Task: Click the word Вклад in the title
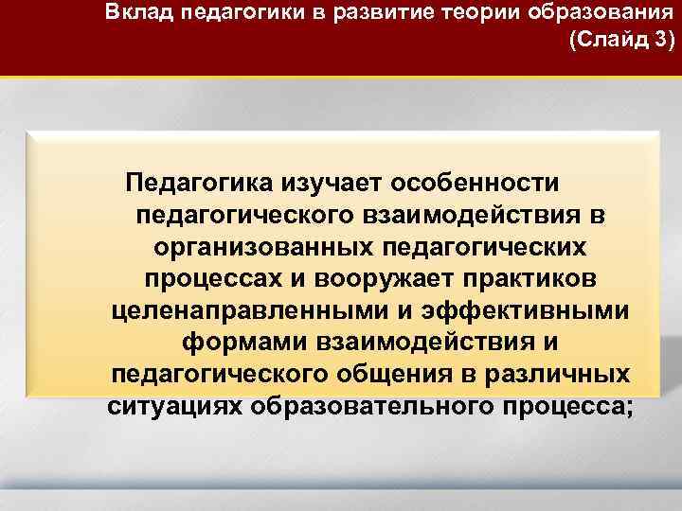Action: pos(139,13)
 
